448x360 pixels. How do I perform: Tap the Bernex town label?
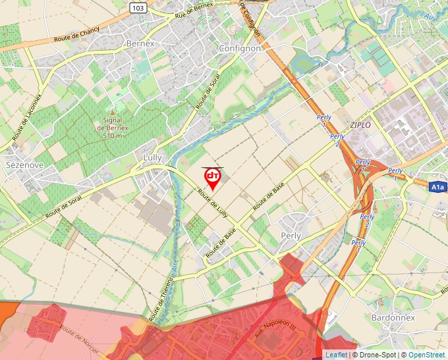pyautogui.click(x=140, y=43)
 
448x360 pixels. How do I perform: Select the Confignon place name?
pyautogui.click(x=240, y=48)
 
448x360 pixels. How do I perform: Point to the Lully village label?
pyautogui.click(x=152, y=158)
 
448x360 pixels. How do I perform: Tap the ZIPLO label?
pyautogui.click(x=360, y=124)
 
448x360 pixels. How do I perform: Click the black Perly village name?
pyautogui.click(x=291, y=236)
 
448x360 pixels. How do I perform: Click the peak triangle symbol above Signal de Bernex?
pyautogui.click(x=113, y=113)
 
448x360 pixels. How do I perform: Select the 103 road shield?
pyautogui.click(x=138, y=7)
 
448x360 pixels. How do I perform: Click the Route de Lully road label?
pyautogui.click(x=213, y=204)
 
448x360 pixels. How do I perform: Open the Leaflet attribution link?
pyautogui.click(x=337, y=355)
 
